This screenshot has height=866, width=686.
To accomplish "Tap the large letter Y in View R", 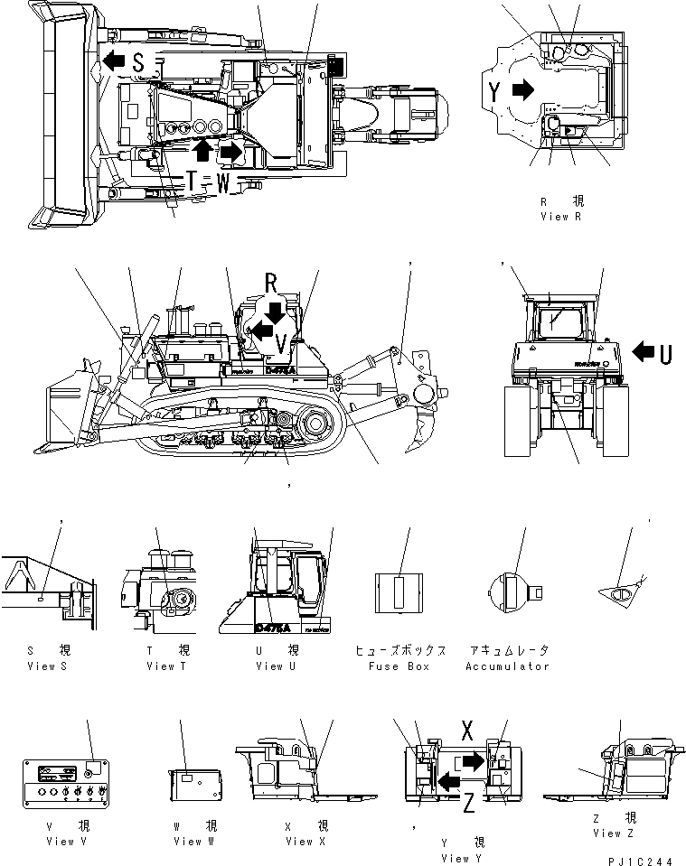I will [x=494, y=90].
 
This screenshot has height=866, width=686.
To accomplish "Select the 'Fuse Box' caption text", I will [x=399, y=666].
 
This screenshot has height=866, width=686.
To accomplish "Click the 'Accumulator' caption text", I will [x=507, y=666].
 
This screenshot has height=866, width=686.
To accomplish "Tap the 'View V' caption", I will [x=67, y=842].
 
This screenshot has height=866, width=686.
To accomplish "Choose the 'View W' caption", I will [x=193, y=842].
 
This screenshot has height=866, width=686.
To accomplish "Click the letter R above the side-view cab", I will [x=271, y=284].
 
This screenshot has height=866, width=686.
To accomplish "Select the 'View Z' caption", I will [x=608, y=833].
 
